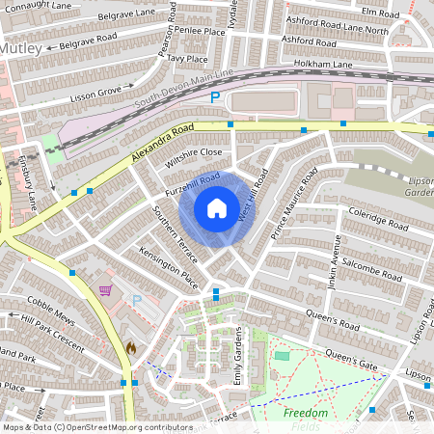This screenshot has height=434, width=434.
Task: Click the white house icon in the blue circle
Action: point(217,207)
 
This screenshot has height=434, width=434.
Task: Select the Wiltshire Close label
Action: point(193,158)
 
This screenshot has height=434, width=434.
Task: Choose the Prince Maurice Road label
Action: point(293,203)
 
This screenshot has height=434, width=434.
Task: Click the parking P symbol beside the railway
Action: point(215,97)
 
